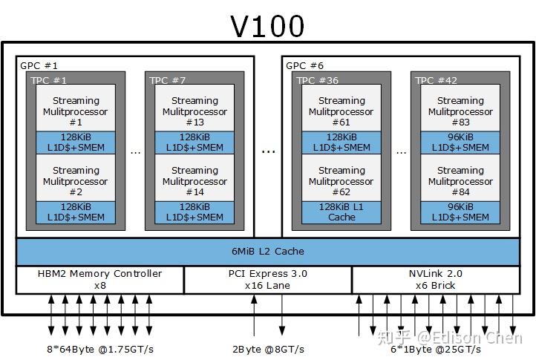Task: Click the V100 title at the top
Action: click(x=267, y=26)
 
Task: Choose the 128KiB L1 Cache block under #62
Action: click(x=341, y=212)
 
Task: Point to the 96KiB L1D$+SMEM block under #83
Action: click(x=460, y=143)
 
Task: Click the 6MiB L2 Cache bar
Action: click(x=268, y=252)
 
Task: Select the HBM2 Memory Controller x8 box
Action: click(x=99, y=279)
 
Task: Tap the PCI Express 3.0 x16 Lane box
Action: click(x=268, y=279)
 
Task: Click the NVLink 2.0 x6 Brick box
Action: click(x=436, y=279)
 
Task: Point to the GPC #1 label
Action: click(x=39, y=65)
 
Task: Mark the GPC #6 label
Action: click(x=305, y=65)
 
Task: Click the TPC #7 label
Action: click(x=168, y=80)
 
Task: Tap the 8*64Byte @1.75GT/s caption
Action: click(x=99, y=348)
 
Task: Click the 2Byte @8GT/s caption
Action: click(x=268, y=348)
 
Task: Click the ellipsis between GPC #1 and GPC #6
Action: click(x=268, y=150)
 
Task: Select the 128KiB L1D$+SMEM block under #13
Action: click(x=195, y=143)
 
